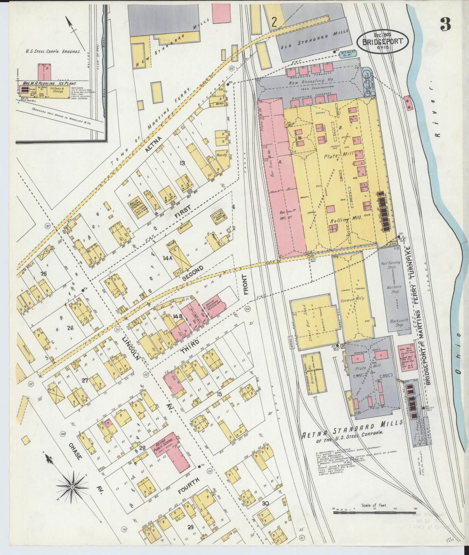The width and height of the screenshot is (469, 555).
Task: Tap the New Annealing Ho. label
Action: (312, 83)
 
